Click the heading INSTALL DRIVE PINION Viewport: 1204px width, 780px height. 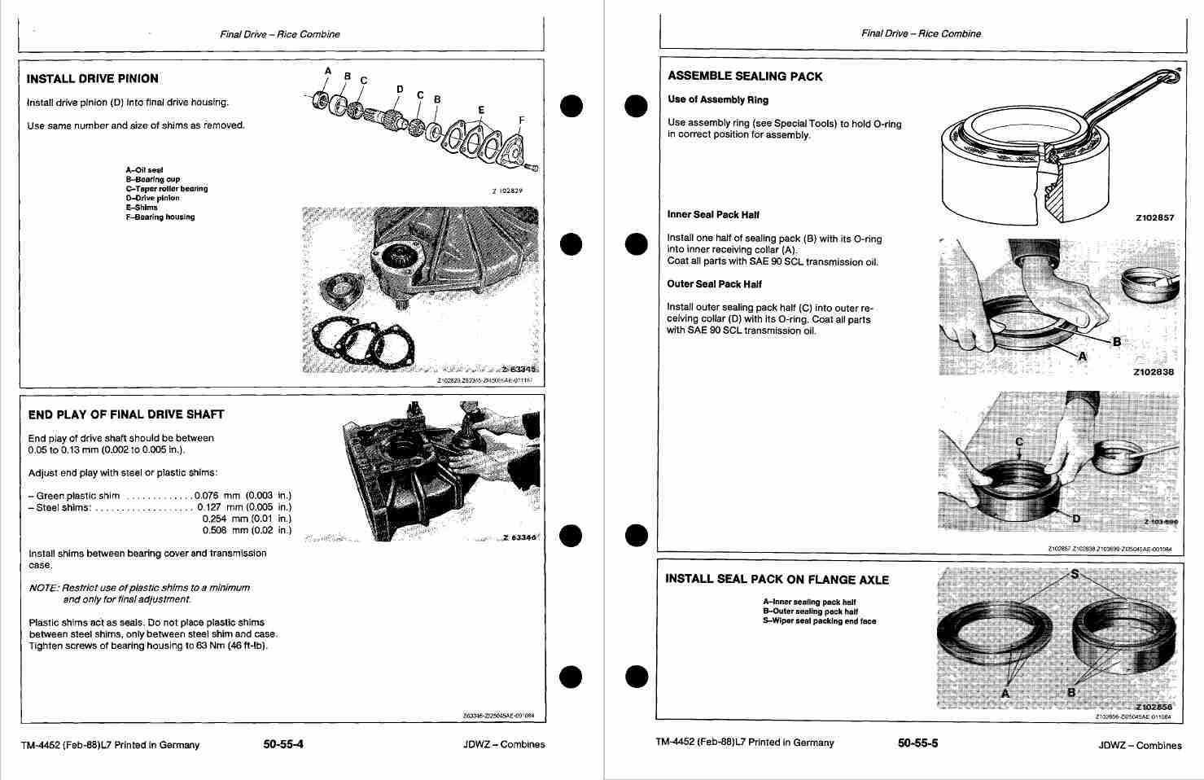click(92, 79)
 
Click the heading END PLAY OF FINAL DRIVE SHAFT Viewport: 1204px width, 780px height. click(125, 414)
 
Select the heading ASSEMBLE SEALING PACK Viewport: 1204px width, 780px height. click(744, 77)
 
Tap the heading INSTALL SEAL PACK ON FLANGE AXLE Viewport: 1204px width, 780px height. click(777, 580)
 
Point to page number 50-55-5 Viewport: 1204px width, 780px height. click(918, 743)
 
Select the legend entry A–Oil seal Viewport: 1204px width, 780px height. click(144, 170)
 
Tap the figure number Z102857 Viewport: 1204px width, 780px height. click(1154, 218)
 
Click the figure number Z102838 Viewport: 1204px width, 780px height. click(1154, 372)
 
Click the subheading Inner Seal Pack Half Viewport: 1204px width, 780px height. click(713, 215)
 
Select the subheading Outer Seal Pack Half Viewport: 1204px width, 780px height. click(714, 284)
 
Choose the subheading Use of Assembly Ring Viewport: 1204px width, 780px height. click(717, 100)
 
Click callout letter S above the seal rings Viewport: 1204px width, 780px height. click(1074, 574)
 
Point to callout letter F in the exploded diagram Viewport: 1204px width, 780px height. click(521, 120)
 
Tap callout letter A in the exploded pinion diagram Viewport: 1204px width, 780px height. click(328, 71)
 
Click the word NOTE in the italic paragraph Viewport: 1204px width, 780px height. click(42, 588)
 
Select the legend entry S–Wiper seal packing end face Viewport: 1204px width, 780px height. click(819, 621)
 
